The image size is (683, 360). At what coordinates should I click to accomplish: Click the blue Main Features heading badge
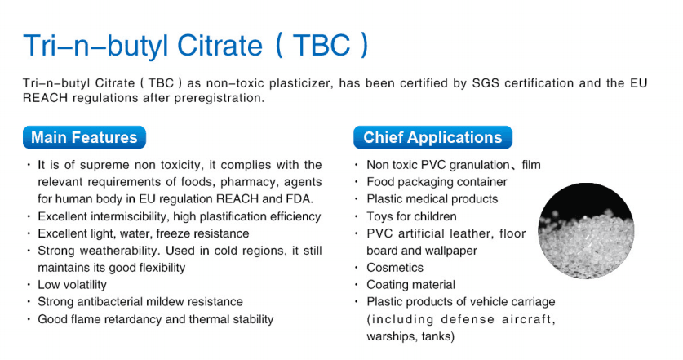click(x=85, y=137)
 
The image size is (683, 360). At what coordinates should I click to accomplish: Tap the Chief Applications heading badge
click(x=432, y=137)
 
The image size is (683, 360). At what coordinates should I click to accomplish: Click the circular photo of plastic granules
click(x=586, y=230)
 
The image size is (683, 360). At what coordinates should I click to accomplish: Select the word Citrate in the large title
click(x=220, y=46)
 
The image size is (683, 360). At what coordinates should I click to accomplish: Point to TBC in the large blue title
click(x=322, y=46)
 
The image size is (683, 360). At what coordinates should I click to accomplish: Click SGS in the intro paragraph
click(x=486, y=83)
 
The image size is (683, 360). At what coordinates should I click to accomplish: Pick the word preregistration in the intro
click(x=220, y=98)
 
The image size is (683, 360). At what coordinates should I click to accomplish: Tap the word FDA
click(x=299, y=199)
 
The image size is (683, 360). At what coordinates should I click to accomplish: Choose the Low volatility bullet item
click(x=72, y=285)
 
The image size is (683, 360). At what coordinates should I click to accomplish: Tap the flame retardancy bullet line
click(x=156, y=319)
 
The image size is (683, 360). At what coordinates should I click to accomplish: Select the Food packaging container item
click(x=437, y=182)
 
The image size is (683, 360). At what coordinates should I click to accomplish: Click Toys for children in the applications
click(x=411, y=216)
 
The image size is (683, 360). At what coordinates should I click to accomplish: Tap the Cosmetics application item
click(x=395, y=268)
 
